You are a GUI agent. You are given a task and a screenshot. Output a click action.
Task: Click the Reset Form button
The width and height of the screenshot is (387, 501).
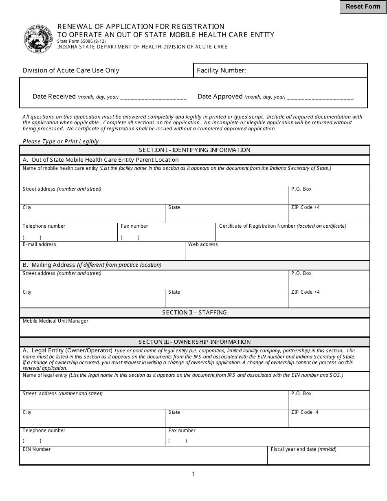[363, 7]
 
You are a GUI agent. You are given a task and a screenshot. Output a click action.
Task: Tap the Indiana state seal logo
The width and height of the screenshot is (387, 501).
[38, 39]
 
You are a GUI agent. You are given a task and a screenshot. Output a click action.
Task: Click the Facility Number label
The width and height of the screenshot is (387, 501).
[221, 70]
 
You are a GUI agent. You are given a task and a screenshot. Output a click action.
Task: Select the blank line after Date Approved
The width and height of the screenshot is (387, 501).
[320, 97]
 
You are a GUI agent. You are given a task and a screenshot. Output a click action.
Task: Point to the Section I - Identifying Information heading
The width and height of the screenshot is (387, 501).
[194, 150]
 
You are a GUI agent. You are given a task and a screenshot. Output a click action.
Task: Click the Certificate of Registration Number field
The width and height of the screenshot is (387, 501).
[292, 235]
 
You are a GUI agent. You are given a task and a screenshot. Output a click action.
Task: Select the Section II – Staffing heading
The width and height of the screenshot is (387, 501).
[194, 312]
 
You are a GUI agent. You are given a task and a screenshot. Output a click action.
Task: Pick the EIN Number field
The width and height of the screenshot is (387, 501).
[143, 458]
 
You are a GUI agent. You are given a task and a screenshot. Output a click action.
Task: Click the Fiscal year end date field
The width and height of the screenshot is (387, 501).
[318, 458]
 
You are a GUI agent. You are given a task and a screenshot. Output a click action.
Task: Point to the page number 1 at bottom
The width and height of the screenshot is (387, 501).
[193, 474]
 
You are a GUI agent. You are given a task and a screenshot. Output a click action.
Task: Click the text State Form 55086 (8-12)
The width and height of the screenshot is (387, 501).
[77, 41]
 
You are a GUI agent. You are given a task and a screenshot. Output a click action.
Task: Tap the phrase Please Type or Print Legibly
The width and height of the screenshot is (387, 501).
[61, 141]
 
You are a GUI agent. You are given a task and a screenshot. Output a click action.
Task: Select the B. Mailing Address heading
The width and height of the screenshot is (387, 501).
[92, 265]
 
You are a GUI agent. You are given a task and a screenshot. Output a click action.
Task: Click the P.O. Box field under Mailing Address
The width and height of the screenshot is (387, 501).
[329, 282]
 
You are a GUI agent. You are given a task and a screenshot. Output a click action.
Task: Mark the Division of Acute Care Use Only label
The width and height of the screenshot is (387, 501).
[71, 70]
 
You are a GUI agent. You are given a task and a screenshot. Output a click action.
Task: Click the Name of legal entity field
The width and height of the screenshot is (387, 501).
[194, 384]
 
